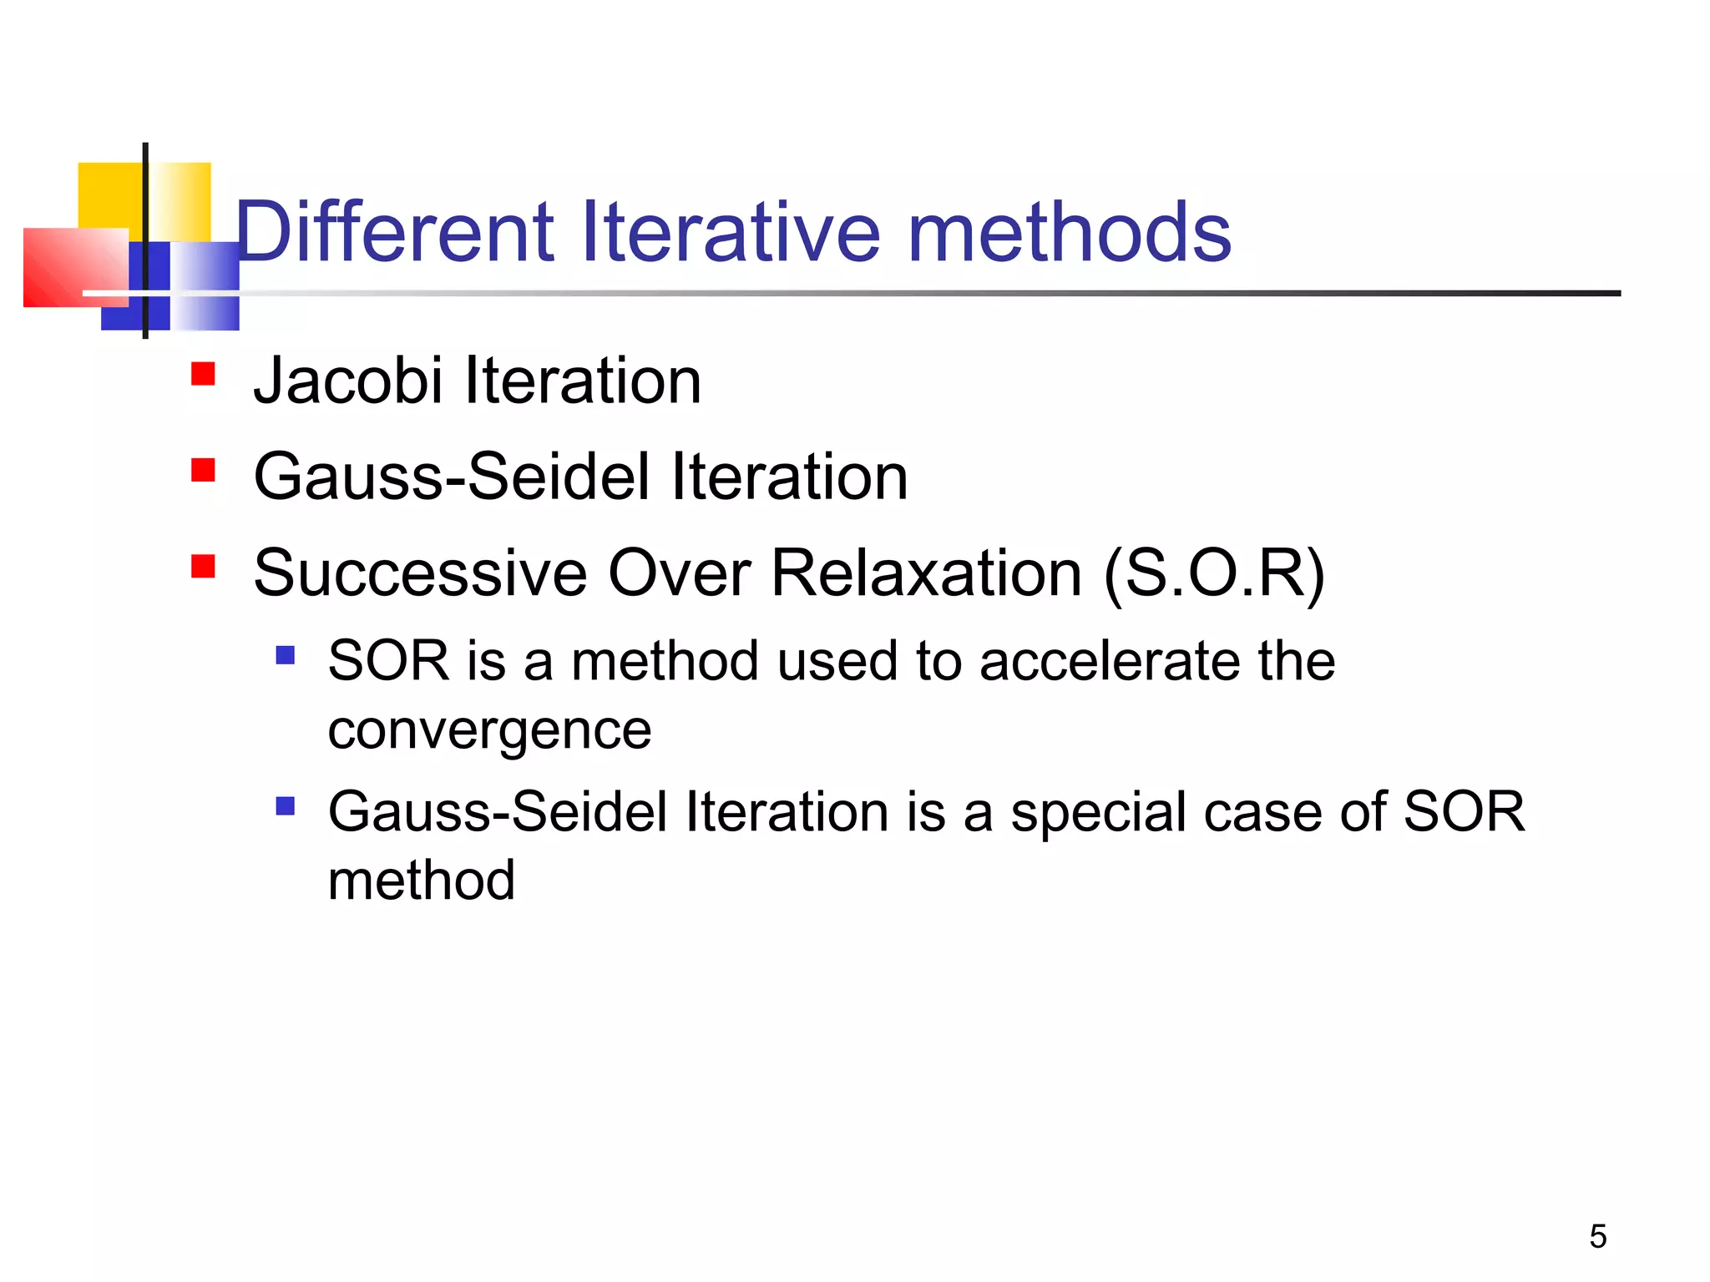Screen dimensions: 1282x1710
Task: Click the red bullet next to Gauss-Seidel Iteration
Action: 203,470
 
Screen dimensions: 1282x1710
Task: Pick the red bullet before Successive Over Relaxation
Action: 203,567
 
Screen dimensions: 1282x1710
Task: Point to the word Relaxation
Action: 926,574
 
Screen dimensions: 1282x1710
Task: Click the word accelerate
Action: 1110,661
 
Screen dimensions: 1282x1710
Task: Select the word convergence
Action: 489,731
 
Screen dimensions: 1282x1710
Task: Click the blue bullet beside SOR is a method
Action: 286,654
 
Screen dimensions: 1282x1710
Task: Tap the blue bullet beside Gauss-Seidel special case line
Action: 286,806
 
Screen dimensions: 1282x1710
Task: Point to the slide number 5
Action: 1597,1236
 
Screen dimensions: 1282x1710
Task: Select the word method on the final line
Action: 421,881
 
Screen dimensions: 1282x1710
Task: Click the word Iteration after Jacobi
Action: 582,381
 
